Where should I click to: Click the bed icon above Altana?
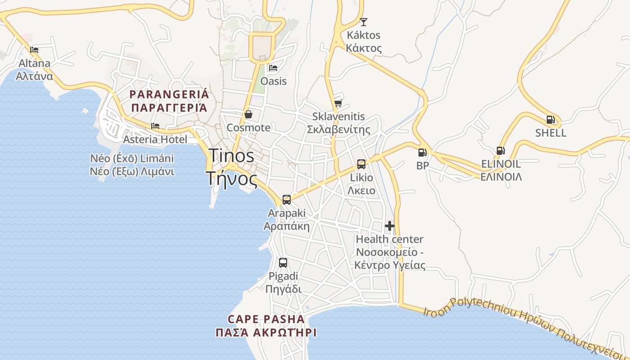tap(34, 49)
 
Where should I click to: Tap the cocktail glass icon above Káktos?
tap(364, 22)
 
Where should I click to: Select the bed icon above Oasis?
tap(273, 68)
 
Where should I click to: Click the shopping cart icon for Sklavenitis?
tap(338, 103)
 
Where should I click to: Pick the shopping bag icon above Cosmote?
tap(248, 114)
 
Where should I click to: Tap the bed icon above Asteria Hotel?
tap(155, 126)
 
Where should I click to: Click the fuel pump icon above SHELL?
tap(550, 120)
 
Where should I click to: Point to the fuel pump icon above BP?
tap(422, 153)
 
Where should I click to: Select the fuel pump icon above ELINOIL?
tap(500, 150)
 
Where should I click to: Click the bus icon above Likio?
tap(361, 164)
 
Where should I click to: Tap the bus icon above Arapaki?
tap(287, 199)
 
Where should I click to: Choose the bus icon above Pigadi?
tap(283, 263)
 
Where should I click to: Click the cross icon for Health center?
tap(390, 225)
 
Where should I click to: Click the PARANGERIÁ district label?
tap(169, 94)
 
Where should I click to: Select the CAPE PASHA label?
tap(266, 319)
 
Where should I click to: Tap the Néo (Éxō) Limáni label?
tap(132, 158)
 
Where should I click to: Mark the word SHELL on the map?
tap(551, 133)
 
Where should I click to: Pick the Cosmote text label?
tap(248, 127)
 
